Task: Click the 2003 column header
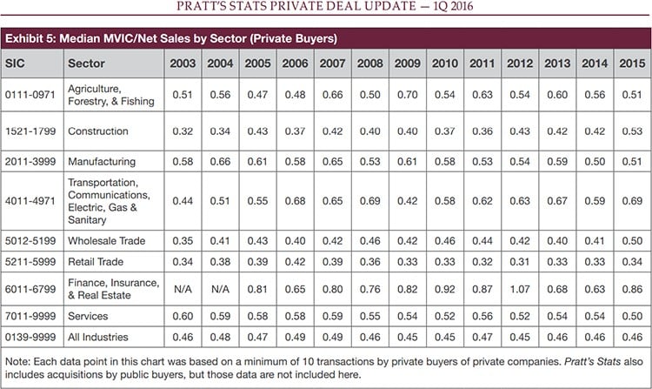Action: point(183,64)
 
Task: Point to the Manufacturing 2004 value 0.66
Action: point(220,162)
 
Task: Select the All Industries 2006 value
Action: point(294,335)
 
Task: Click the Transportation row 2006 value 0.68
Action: point(294,202)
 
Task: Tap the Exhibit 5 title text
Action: point(170,39)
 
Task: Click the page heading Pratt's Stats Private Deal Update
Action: point(326,10)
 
